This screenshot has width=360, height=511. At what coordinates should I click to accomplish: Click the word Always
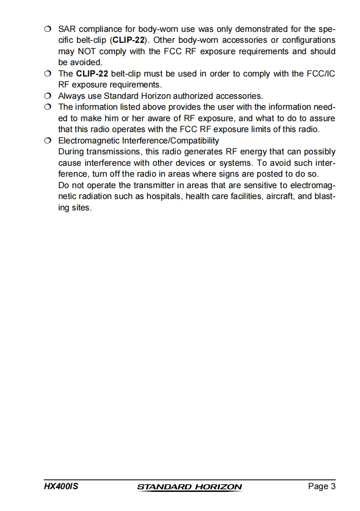point(71,96)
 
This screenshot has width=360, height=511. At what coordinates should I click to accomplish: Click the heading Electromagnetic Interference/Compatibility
point(138,140)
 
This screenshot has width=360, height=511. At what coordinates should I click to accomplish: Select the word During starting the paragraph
point(71,151)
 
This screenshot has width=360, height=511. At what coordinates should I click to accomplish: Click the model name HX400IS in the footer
point(61,486)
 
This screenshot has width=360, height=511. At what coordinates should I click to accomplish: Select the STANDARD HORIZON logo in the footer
point(189,487)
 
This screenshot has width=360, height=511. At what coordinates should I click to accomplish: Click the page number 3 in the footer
point(333,486)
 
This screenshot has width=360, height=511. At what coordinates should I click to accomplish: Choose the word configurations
point(309,40)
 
